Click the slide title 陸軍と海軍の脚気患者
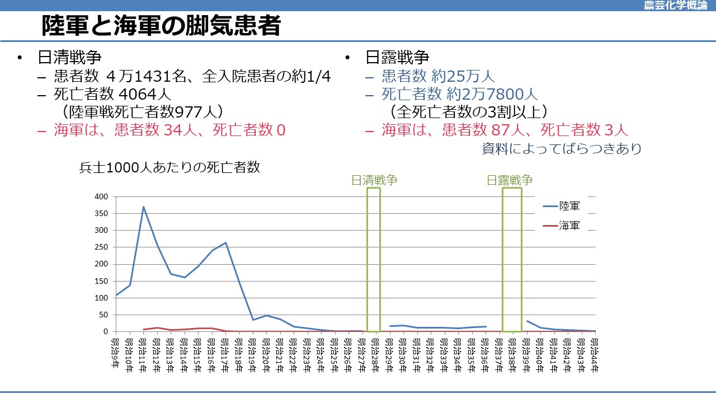161,26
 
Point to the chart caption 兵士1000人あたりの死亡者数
169,167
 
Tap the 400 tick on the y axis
101,196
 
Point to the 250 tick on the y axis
101,247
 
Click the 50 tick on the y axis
102,315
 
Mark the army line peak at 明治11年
144,207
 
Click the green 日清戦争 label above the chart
374,180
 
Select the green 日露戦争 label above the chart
509,180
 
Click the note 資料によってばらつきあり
561,149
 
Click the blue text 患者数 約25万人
438,76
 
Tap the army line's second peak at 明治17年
225,242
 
